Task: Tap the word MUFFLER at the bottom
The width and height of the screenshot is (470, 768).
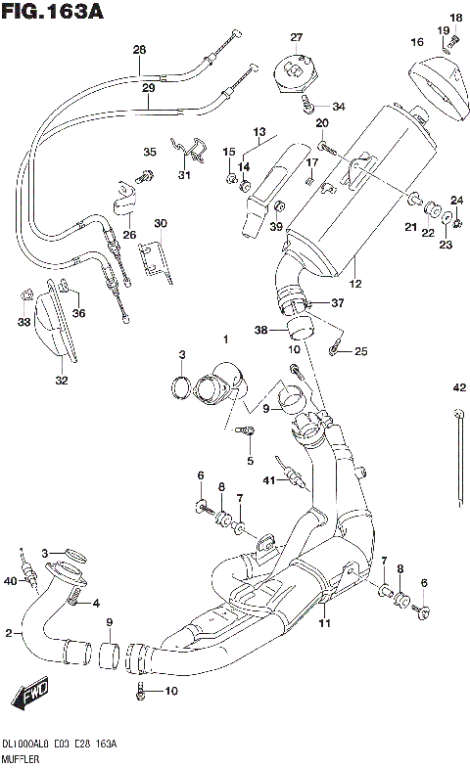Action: pos(23,758)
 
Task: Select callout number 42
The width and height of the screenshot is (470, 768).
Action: pos(458,387)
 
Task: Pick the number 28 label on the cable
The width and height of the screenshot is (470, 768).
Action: pos(139,50)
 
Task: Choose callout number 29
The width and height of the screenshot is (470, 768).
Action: pos(148,88)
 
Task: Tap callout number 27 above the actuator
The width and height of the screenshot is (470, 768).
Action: pos(297,38)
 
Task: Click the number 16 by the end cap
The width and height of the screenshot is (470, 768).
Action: pos(417,42)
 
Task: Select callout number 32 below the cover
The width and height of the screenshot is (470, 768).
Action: pos(62,381)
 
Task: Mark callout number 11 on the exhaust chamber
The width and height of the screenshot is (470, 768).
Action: pos(322,622)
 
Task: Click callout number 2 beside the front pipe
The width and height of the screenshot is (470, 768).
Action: pos(9,634)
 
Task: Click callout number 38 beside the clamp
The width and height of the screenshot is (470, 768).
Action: pos(261,331)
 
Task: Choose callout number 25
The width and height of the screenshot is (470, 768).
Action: pos(361,351)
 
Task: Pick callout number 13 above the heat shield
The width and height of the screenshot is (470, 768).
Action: pos(259,131)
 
